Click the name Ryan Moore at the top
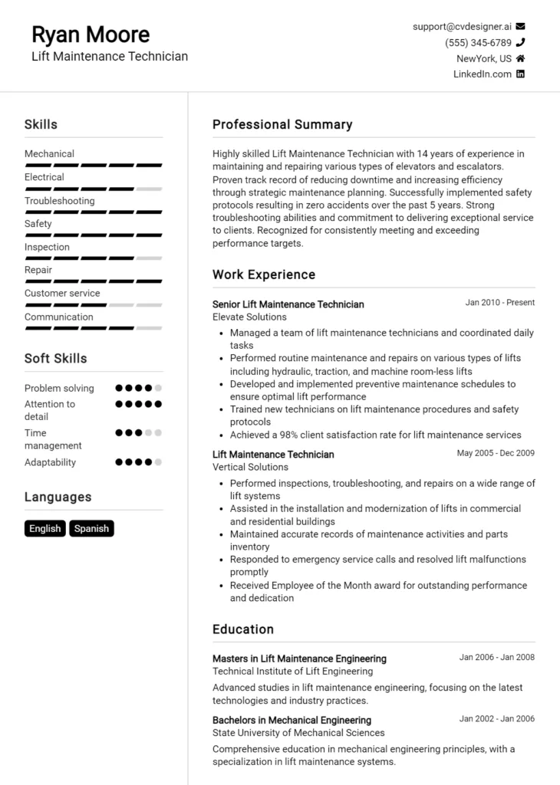click(x=91, y=34)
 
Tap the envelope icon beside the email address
click(x=521, y=26)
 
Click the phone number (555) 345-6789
click(x=478, y=43)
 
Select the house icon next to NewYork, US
click(x=521, y=58)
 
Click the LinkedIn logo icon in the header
click(x=521, y=74)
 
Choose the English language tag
click(x=45, y=528)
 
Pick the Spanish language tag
click(x=91, y=528)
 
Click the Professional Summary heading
click(x=282, y=124)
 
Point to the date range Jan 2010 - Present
click(x=499, y=303)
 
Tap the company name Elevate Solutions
click(x=249, y=317)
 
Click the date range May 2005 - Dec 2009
click(x=496, y=453)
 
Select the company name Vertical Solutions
click(x=250, y=467)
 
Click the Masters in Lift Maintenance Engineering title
click(x=299, y=659)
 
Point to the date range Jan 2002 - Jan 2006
click(x=496, y=719)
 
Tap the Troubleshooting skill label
click(x=60, y=201)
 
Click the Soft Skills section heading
click(x=55, y=358)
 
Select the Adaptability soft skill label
click(x=50, y=462)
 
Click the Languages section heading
click(x=58, y=497)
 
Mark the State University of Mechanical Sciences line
click(x=298, y=733)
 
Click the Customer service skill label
click(x=62, y=293)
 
